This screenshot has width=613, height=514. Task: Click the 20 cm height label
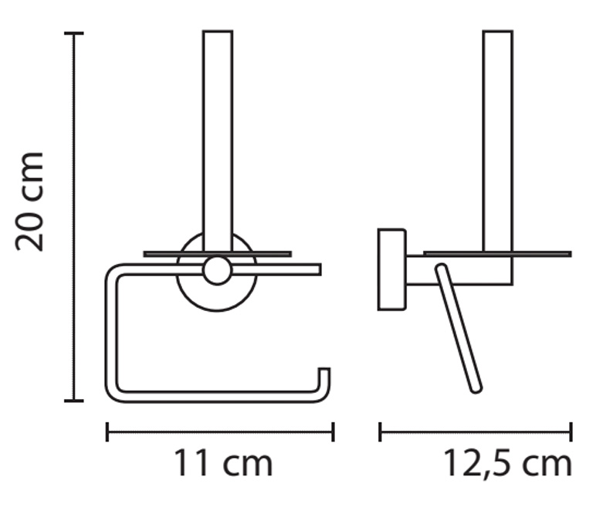click(29, 201)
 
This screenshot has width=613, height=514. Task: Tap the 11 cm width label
click(223, 463)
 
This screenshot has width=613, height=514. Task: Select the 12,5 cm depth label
click(507, 464)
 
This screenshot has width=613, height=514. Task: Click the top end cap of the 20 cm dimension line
click(74, 34)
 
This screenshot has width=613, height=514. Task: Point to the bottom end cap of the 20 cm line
click(74, 401)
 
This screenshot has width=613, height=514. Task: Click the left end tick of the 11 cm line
click(107, 432)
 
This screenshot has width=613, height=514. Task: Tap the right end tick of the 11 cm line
click(333, 432)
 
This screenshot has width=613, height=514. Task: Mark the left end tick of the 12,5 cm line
click(380, 432)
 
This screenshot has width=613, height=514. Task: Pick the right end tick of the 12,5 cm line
click(571, 432)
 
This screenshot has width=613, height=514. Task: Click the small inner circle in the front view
click(217, 270)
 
